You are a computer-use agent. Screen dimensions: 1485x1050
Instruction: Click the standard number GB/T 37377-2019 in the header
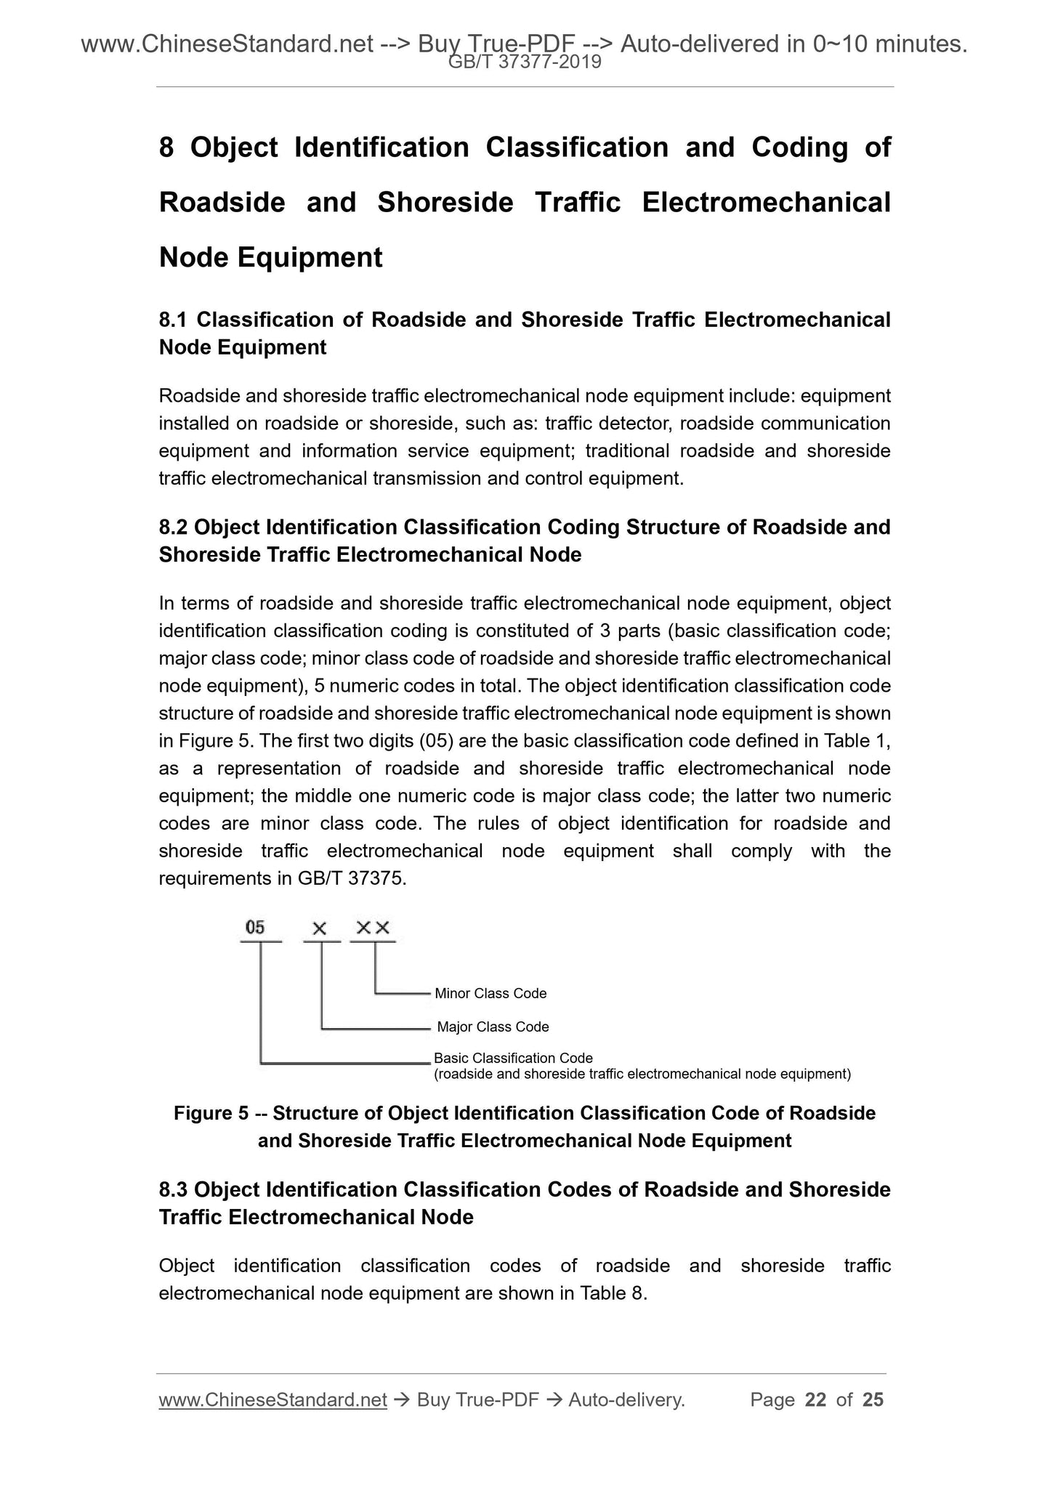point(525,62)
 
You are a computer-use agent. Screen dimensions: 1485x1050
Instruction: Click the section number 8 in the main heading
point(166,147)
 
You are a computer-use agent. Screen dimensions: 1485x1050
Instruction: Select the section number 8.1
point(174,320)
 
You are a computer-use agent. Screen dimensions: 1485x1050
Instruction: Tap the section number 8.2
point(174,527)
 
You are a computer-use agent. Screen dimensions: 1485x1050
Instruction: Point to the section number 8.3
point(174,1189)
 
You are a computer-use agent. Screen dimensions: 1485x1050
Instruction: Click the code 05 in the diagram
point(256,927)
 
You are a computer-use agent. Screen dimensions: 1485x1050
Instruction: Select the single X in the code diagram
point(320,928)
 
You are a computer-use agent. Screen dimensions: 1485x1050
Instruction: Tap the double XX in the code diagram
point(373,928)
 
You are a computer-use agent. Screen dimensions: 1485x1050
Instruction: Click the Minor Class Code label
point(490,993)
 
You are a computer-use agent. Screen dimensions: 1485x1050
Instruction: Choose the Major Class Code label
point(493,1027)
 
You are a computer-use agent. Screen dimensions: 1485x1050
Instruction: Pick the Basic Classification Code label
point(513,1058)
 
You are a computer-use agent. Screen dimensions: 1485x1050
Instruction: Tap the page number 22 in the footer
point(816,1399)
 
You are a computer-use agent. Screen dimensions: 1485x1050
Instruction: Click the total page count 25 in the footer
point(873,1399)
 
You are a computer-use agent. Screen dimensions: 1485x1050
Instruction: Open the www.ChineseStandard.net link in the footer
point(272,1400)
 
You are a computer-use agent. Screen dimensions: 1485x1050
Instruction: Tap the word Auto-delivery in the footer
point(626,1400)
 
